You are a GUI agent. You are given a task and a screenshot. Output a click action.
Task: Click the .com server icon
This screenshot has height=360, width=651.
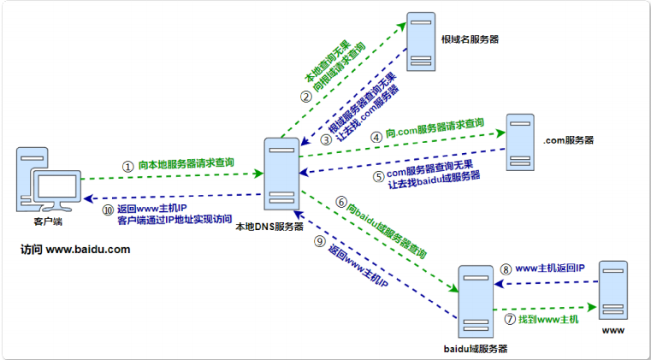point(518,141)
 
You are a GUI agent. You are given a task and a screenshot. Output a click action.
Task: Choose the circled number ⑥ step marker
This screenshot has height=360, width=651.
point(341,204)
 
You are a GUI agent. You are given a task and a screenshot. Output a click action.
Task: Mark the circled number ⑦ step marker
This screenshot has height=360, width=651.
point(510,319)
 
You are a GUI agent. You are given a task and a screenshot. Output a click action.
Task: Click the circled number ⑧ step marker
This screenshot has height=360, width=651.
point(506,269)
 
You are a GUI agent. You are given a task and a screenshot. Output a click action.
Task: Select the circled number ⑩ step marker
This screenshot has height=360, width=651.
point(108,209)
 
